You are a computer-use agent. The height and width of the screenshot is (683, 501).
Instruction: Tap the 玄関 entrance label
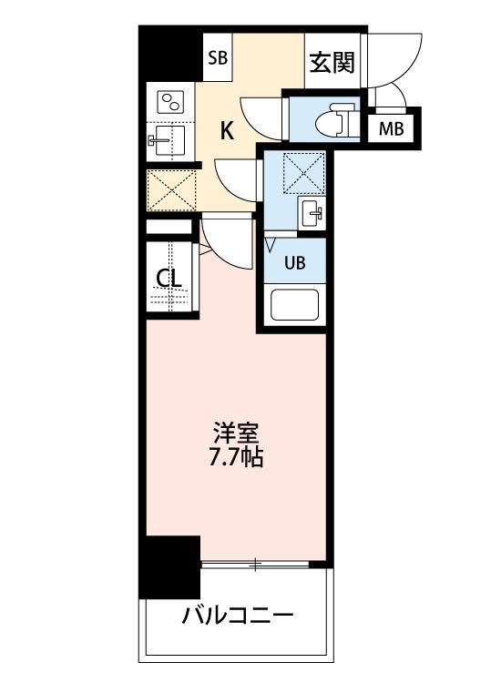(331, 63)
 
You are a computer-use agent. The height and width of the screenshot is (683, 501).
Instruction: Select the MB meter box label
(391, 128)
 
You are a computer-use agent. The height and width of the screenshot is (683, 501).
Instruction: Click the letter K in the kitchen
(227, 130)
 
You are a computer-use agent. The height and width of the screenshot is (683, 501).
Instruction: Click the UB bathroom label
(294, 263)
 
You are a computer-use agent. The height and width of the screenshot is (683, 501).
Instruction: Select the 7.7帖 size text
(236, 457)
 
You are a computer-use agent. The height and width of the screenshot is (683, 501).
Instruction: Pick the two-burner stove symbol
(170, 101)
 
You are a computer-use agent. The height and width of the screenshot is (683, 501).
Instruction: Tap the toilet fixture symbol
(332, 119)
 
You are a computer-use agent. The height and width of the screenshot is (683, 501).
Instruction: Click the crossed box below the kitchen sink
(171, 189)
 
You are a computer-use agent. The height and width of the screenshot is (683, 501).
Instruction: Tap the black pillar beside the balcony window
(170, 566)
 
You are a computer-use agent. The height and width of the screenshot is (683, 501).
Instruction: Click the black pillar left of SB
(170, 54)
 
